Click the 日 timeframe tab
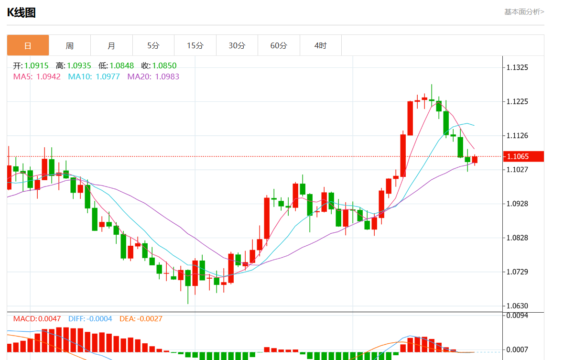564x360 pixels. [28, 45]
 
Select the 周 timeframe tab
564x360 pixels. [70, 45]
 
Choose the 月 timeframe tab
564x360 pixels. [111, 45]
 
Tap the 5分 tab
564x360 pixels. [153, 45]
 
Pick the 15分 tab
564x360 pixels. [195, 45]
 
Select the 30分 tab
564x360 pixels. [237, 45]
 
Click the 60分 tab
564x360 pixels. [279, 45]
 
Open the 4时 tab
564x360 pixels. [321, 45]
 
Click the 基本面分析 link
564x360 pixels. [524, 12]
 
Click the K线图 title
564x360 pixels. [22, 13]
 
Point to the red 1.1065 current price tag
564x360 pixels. [523, 156]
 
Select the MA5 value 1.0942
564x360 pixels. [48, 76]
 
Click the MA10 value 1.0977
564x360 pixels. [108, 76]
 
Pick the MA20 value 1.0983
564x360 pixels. [167, 76]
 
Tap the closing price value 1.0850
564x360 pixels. [165, 65]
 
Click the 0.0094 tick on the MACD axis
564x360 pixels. [518, 315]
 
